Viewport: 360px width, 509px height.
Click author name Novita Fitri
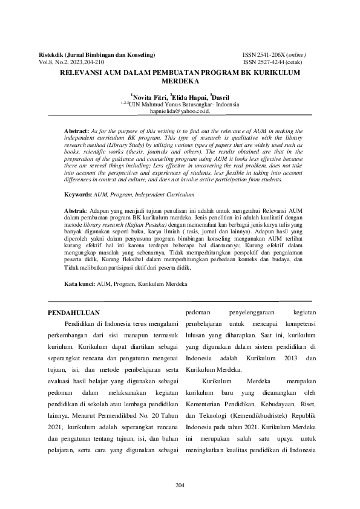pyautogui.click(x=149, y=96)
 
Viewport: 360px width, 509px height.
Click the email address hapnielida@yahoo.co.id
pyautogui.click(x=180, y=111)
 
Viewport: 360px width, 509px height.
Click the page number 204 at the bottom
pyautogui.click(x=180, y=486)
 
